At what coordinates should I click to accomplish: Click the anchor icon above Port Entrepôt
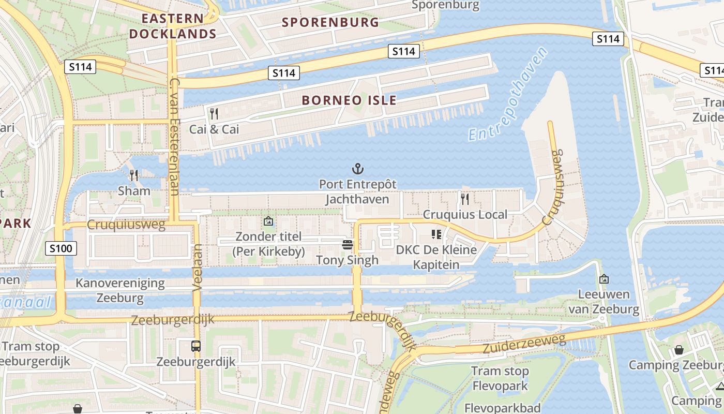[357, 169]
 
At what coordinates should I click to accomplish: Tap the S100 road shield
[61, 248]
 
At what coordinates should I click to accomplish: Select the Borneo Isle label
[349, 100]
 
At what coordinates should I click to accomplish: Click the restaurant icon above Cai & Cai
[214, 114]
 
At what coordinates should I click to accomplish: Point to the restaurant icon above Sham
[134, 175]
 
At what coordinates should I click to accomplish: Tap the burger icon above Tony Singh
[348, 245]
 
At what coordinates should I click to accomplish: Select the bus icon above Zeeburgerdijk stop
[196, 346]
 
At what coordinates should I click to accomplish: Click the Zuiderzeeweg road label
[524, 343]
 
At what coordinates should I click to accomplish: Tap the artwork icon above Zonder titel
[268, 221]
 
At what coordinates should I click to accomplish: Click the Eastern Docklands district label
[172, 26]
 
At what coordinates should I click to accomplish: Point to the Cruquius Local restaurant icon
[465, 199]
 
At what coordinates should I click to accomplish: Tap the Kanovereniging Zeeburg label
[120, 290]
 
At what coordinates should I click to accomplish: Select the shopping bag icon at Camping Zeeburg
[678, 350]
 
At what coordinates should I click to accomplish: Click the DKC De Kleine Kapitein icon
[436, 235]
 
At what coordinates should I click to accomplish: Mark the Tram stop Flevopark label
[500, 378]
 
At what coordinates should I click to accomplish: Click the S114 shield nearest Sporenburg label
[403, 51]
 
